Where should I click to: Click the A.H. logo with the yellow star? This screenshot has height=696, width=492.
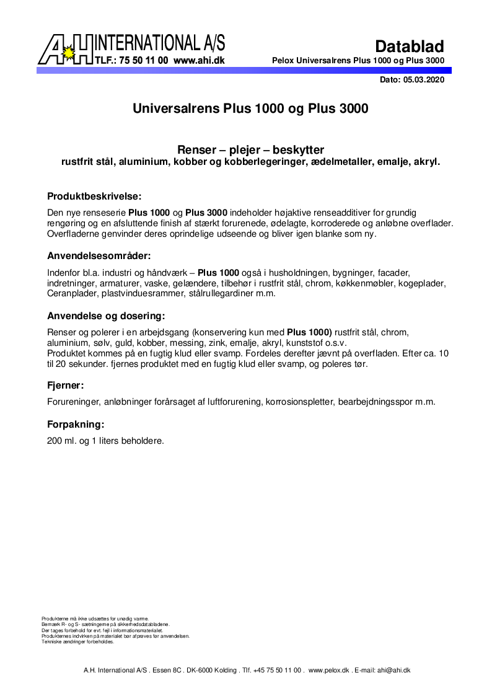click(65, 50)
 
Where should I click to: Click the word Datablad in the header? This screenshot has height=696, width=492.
click(410, 46)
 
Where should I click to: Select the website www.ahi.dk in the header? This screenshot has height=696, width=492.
click(199, 61)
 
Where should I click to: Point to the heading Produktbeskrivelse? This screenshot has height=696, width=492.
click(95, 196)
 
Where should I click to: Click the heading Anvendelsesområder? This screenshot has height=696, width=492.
click(99, 256)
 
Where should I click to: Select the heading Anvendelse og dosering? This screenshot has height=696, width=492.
click(106, 315)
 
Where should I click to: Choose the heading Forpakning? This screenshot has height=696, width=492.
click(76, 425)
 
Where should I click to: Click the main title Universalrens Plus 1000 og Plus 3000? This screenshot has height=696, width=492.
click(250, 108)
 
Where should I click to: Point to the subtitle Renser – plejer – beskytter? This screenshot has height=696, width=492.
click(250, 150)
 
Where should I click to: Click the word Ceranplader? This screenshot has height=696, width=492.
click(71, 293)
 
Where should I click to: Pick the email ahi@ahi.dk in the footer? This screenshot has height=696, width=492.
click(394, 670)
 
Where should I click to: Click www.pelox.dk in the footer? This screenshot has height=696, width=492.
click(329, 670)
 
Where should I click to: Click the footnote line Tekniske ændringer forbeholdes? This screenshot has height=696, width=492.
click(77, 642)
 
